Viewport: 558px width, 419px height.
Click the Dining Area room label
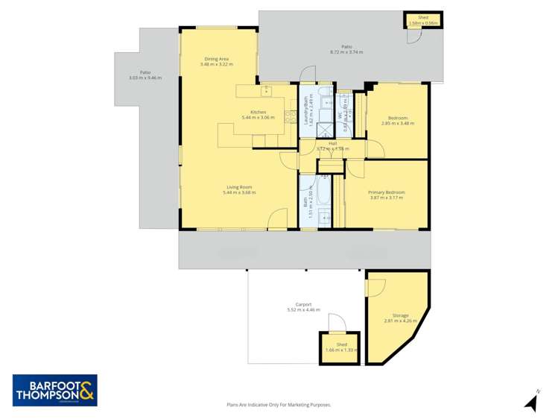point(217,59)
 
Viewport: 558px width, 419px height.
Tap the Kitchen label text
point(253,113)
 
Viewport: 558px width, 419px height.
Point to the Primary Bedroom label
point(386,192)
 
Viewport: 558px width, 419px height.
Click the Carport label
point(303,304)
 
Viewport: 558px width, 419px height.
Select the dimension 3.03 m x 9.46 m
point(145,78)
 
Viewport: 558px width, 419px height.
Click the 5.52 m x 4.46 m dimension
point(303,309)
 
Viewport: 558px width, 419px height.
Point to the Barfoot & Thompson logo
point(55,390)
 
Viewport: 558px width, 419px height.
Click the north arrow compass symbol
point(531,403)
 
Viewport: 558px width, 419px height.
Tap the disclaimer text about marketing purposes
point(279,405)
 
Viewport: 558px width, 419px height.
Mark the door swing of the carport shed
point(336,323)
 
